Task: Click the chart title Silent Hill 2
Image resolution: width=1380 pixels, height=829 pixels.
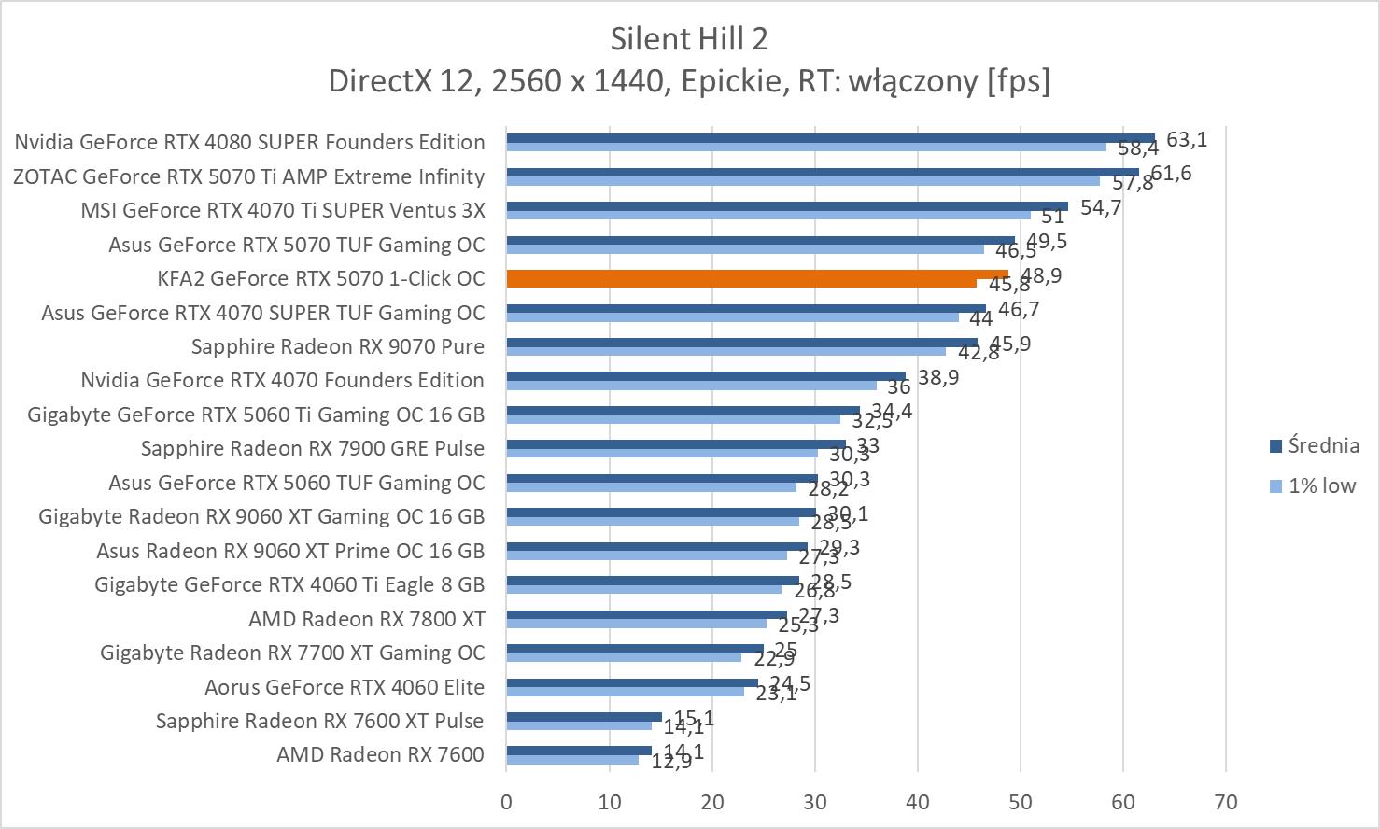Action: pyautogui.click(x=689, y=39)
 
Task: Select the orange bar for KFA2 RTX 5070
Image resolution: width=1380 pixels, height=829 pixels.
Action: pyautogui.click(x=756, y=274)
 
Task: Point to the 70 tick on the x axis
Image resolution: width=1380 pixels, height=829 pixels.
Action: pyautogui.click(x=1225, y=802)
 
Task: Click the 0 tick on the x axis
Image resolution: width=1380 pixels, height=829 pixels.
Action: pyautogui.click(x=506, y=802)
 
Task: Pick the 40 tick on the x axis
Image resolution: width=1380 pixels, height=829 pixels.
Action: pyautogui.click(x=917, y=802)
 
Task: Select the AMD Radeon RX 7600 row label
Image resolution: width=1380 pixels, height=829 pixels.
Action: pyautogui.click(x=380, y=754)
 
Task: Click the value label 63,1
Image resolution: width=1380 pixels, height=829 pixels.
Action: pyautogui.click(x=1187, y=140)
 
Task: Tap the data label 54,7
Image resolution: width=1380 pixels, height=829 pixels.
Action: pyautogui.click(x=1101, y=207)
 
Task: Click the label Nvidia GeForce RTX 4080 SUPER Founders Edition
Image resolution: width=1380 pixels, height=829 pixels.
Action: pyautogui.click(x=249, y=142)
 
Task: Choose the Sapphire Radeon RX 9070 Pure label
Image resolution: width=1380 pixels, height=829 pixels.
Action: pyautogui.click(x=337, y=346)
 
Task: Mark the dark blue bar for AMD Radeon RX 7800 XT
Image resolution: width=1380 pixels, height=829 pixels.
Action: pyautogui.click(x=646, y=614)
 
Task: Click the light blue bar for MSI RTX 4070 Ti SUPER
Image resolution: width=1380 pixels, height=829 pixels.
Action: pyautogui.click(x=767, y=215)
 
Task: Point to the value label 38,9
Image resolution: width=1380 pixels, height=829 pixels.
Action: pyautogui.click(x=939, y=377)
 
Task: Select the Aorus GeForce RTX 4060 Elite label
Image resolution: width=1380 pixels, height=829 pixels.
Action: pyautogui.click(x=344, y=687)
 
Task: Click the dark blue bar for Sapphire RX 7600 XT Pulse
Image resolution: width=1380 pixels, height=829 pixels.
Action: pyautogui.click(x=584, y=716)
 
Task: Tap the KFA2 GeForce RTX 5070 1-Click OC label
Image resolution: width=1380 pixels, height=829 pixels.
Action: pyautogui.click(x=321, y=278)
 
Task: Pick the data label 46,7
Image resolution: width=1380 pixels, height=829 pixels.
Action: pyautogui.click(x=1019, y=309)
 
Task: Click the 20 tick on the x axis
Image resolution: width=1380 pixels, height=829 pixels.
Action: pyautogui.click(x=711, y=802)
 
